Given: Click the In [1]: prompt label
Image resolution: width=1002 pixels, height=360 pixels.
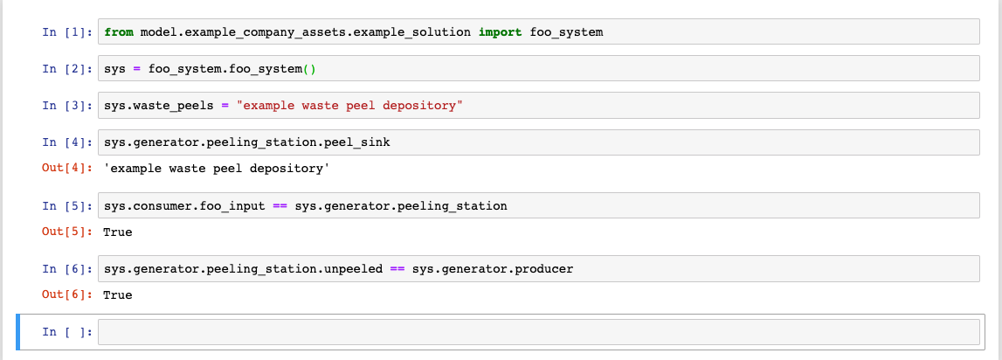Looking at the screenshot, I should pos(66,32).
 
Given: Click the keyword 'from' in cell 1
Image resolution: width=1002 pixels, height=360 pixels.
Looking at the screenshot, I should pos(118,32).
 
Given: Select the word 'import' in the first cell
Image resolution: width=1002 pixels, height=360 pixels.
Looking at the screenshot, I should pos(500,32).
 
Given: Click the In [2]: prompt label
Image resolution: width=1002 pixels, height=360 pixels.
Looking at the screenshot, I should pos(66,69).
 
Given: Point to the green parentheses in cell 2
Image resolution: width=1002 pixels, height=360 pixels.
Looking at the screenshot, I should pos(320,69).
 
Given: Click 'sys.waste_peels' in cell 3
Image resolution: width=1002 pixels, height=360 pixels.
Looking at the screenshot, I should pos(157,106).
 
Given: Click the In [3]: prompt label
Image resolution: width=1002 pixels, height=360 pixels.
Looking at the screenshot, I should pos(66,106).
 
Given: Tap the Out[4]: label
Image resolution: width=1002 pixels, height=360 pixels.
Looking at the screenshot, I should pos(66,168).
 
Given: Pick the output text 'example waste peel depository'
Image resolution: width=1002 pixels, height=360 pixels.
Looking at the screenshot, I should pos(216,168).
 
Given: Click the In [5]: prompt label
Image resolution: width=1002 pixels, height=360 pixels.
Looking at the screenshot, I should pos(66,206).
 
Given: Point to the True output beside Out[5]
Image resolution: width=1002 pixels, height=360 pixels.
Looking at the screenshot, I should pos(118,232).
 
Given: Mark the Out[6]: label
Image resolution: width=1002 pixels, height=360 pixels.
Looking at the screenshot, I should pos(66,295).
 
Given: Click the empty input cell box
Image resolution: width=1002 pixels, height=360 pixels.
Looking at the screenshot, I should pos(538,332).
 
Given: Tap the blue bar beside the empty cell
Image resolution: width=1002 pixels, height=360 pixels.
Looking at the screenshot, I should pos(19,332).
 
